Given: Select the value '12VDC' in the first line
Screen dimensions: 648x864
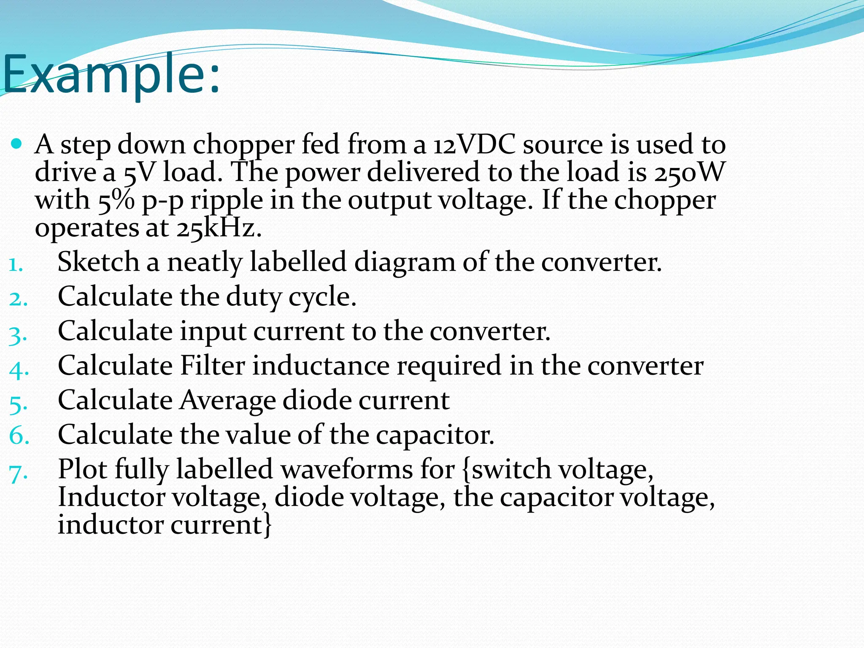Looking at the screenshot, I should pos(475,145).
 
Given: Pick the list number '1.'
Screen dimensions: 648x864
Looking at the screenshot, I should pos(16,265).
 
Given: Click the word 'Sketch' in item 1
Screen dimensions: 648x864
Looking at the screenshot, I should pos(98,262).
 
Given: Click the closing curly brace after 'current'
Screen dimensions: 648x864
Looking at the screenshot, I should pos(267,526).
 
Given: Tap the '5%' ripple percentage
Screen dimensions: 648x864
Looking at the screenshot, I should pos(116,200).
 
